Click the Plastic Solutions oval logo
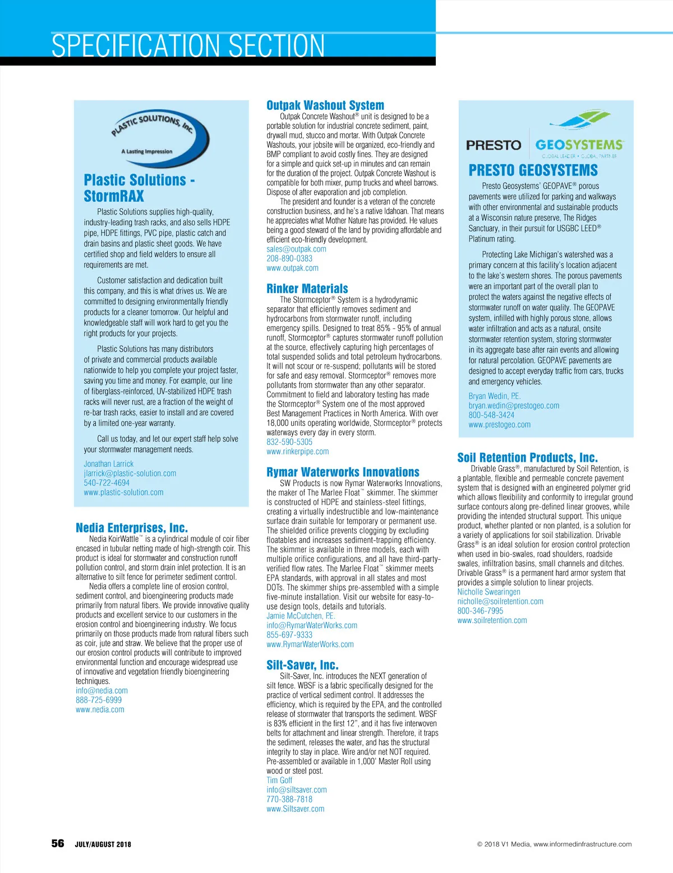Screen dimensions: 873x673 [159, 137]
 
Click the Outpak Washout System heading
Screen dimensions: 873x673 [325, 105]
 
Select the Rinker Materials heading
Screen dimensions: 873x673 [307, 289]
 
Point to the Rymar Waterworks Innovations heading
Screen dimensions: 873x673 [343, 472]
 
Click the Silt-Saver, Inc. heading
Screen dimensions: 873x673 [302, 665]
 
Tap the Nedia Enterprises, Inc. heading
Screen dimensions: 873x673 [132, 528]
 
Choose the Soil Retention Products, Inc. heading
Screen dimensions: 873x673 [527, 457]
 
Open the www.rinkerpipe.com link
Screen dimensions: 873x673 [298, 452]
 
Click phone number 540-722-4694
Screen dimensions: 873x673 [107, 483]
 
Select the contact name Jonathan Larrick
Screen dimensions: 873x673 [109, 464]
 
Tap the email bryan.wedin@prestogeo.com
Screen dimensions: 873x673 [514, 406]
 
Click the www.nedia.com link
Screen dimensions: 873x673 [100, 709]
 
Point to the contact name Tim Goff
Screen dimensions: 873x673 [279, 781]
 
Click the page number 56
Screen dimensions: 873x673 [58, 843]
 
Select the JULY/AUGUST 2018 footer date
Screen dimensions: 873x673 [103, 844]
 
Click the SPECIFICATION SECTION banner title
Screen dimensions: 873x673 [188, 46]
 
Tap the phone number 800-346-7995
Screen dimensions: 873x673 [480, 611]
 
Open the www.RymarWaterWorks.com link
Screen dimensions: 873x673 [310, 644]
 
